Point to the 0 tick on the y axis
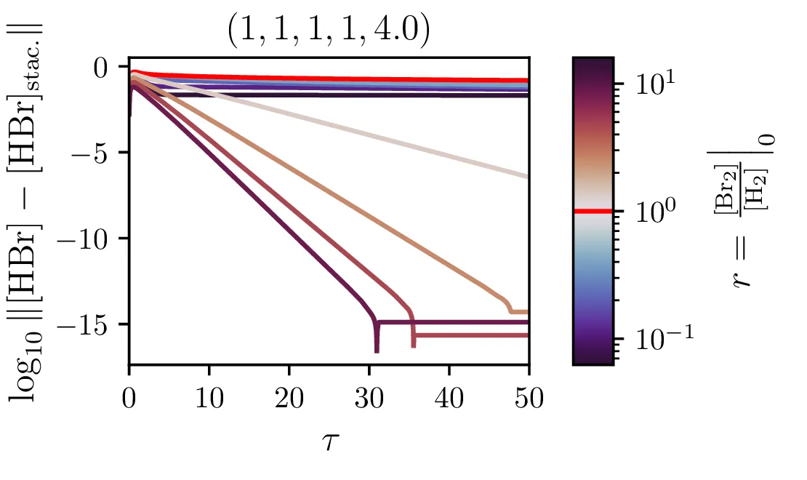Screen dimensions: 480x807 coord(110,68)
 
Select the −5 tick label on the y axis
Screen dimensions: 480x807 coord(100,153)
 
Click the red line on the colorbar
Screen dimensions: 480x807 coord(593,211)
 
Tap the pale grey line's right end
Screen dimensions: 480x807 coord(527,176)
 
